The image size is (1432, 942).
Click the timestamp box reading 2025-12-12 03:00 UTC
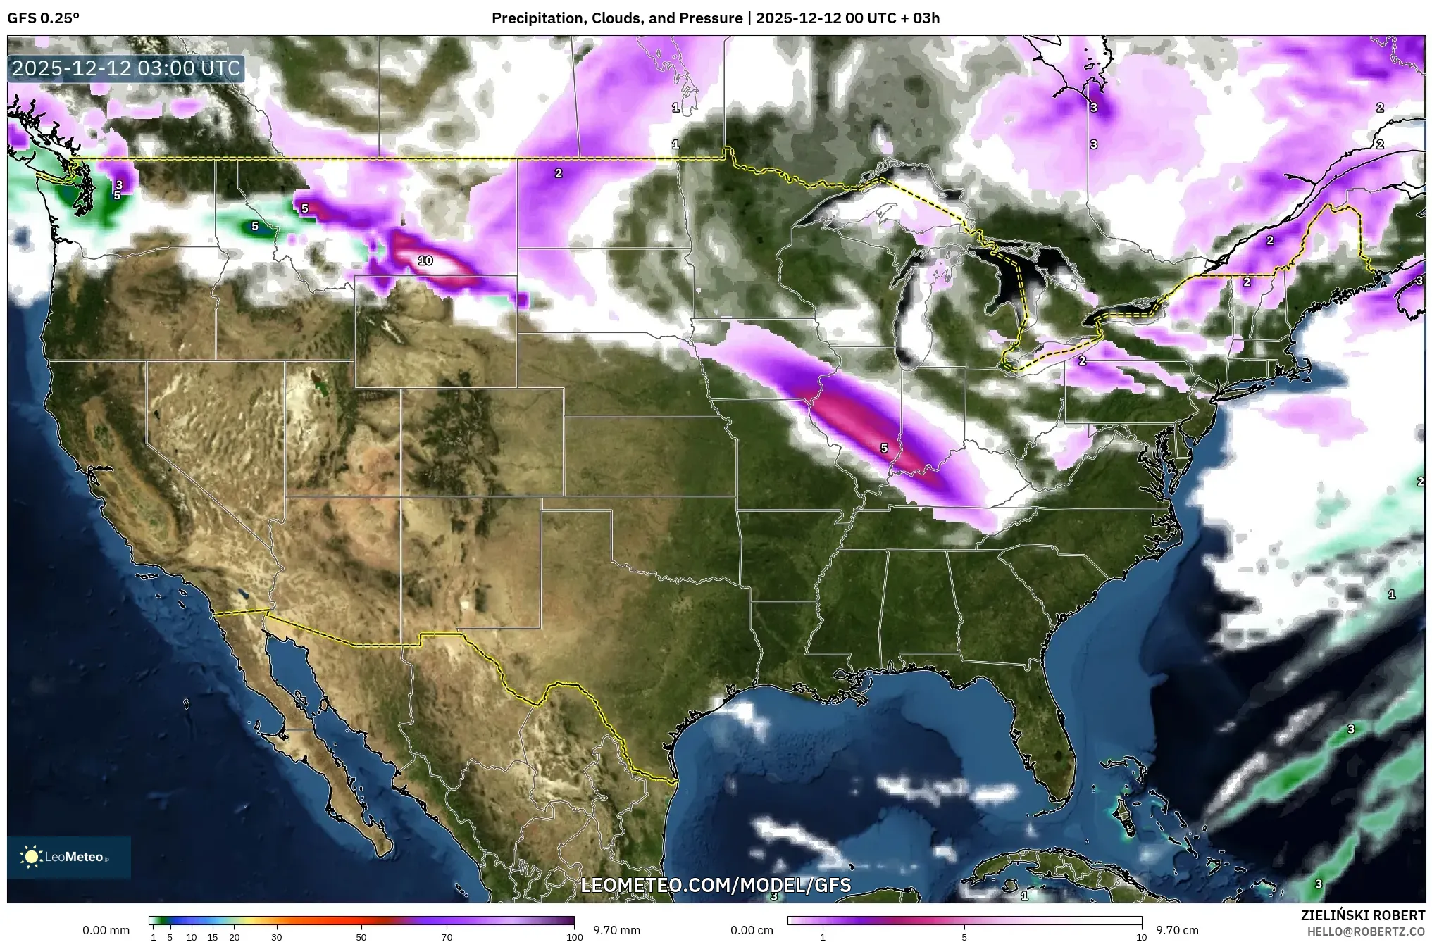pyautogui.click(x=127, y=69)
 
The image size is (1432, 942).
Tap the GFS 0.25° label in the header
pyautogui.click(x=43, y=18)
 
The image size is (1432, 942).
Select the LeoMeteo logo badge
pyautogui.click(x=68, y=857)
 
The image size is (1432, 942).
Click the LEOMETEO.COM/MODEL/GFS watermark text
pyautogui.click(x=716, y=885)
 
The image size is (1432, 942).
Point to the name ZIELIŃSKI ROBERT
pyautogui.click(x=1362, y=915)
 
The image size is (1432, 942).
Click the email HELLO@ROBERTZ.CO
pyautogui.click(x=1366, y=931)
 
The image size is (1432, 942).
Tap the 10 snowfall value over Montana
pyautogui.click(x=425, y=260)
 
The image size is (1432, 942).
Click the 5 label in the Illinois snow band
pyautogui.click(x=884, y=448)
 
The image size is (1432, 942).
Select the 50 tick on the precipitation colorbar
pyautogui.click(x=361, y=937)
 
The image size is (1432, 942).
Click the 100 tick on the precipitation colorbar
pyautogui.click(x=574, y=937)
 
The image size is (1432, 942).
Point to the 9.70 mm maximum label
pyautogui.click(x=616, y=930)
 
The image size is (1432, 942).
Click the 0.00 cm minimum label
pyautogui.click(x=752, y=930)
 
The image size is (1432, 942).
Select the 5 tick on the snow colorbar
pyautogui.click(x=964, y=937)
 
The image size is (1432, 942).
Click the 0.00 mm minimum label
pyautogui.click(x=106, y=930)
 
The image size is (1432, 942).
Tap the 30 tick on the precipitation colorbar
pyautogui.click(x=277, y=937)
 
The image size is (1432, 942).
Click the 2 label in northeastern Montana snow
pyautogui.click(x=558, y=173)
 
